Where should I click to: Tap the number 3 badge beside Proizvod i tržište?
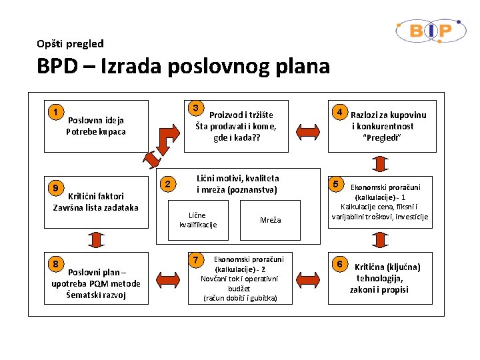(195, 108)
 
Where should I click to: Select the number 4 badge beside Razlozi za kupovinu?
(339, 112)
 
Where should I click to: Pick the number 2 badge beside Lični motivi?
(169, 184)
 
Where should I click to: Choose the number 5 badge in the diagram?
(337, 184)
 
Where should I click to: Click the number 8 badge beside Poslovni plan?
(57, 264)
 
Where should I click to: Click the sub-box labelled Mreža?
(271, 220)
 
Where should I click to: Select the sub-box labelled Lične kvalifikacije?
(197, 220)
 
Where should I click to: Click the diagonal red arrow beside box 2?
(153, 157)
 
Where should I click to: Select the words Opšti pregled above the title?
(71, 44)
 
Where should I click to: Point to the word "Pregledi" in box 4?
(382, 137)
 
